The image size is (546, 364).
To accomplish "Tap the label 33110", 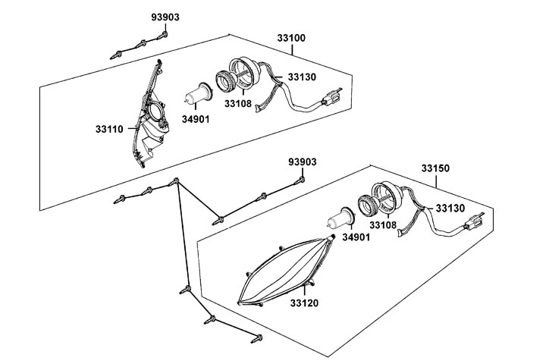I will point(110,129).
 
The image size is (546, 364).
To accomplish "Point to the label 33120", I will point(303,303).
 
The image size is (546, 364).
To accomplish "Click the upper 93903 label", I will point(165,17).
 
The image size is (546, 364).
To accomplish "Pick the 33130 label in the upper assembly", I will point(302,77).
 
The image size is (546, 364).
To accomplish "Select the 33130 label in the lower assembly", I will point(450,208).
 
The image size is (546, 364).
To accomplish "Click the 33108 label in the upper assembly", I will point(240,104).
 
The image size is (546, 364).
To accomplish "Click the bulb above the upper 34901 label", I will point(198,96).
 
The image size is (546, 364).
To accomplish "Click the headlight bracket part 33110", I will point(152,118).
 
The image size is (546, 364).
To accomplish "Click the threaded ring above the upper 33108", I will point(225,80).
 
